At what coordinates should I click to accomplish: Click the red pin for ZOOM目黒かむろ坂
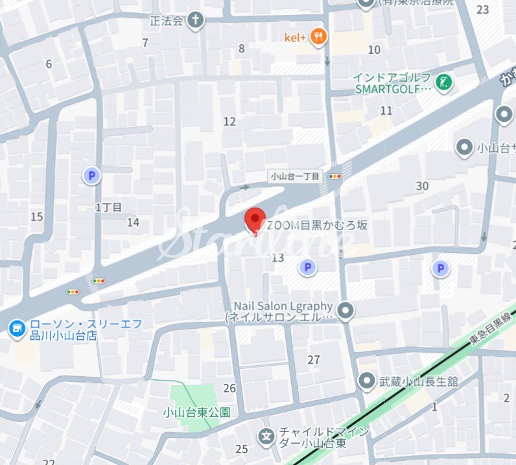click(x=255, y=220)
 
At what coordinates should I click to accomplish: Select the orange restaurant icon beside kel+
click(x=318, y=37)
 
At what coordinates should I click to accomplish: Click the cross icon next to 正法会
click(x=195, y=20)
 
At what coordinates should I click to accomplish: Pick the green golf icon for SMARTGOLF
click(x=445, y=82)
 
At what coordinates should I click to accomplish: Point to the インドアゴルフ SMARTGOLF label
click(x=393, y=83)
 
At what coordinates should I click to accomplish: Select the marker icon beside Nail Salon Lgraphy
click(x=346, y=311)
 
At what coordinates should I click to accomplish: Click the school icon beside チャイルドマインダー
click(x=266, y=436)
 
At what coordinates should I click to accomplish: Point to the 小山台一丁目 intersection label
click(x=295, y=176)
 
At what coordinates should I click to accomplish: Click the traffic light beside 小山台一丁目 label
click(x=335, y=176)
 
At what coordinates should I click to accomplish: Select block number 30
click(x=422, y=186)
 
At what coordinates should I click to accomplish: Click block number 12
click(x=229, y=121)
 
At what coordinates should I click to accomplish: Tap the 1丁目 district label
click(x=108, y=208)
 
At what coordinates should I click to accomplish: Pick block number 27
click(x=314, y=360)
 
